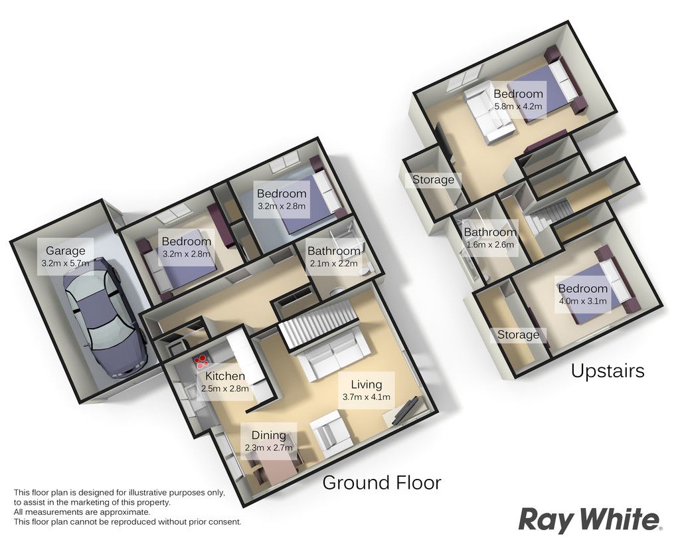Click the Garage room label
(x=66, y=250)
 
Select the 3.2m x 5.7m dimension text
(x=66, y=263)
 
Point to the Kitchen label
(x=225, y=376)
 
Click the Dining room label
(x=269, y=435)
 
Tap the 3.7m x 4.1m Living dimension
(x=367, y=397)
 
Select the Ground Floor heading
(x=382, y=482)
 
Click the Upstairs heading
(x=608, y=371)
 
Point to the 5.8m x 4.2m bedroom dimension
(x=518, y=106)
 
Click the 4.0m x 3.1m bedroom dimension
(x=582, y=301)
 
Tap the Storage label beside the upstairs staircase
(x=433, y=179)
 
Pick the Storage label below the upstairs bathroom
(x=518, y=335)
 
